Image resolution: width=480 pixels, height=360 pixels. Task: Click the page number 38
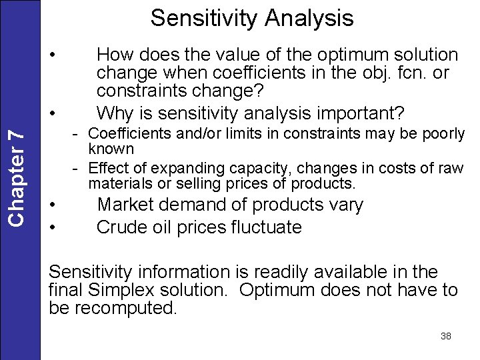tap(446, 336)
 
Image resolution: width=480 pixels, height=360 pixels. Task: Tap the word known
tap(111, 148)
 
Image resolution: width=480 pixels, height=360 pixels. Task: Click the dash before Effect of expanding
tap(77, 168)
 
